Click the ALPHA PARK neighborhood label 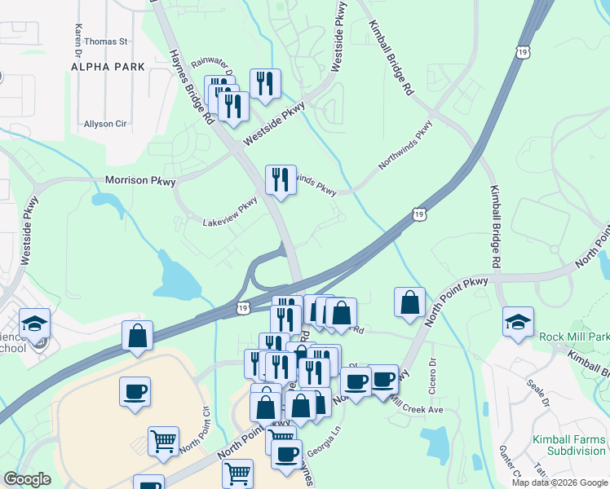pyautogui.click(x=108, y=67)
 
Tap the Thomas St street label pyautogui.click(x=106, y=41)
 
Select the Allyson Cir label pyautogui.click(x=105, y=124)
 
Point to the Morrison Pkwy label pyautogui.click(x=140, y=180)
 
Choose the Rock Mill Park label pyautogui.click(x=573, y=337)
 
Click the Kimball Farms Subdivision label pyautogui.click(x=568, y=445)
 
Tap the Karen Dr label pyautogui.click(x=79, y=34)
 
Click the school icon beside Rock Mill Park pyautogui.click(x=518, y=322)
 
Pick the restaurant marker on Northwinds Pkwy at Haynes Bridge pyautogui.click(x=281, y=179)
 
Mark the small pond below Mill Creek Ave pyautogui.click(x=436, y=443)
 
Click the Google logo pyautogui.click(x=27, y=479)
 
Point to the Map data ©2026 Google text pyautogui.click(x=559, y=482)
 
